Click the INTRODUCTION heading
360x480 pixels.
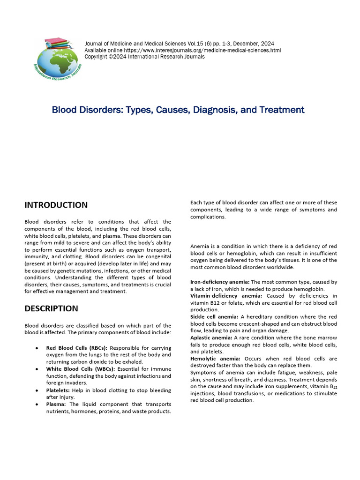tap(56, 205)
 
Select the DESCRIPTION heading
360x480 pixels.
tap(51, 308)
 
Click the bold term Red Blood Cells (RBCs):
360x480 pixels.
tap(77, 348)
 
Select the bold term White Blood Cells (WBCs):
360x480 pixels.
tap(80, 369)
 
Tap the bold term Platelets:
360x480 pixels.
tap(58, 390)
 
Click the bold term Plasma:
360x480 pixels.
tap(56, 404)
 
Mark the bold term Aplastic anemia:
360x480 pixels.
tap(211, 337)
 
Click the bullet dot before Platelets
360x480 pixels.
tap(37, 390)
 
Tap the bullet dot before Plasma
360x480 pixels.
tap(37, 404)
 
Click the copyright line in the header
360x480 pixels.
tap(144, 57)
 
